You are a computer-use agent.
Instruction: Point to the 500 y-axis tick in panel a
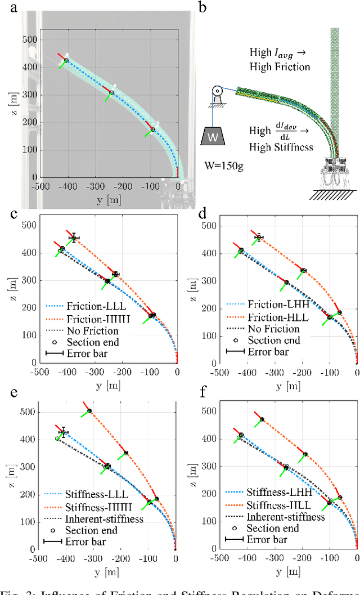(29, 39)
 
